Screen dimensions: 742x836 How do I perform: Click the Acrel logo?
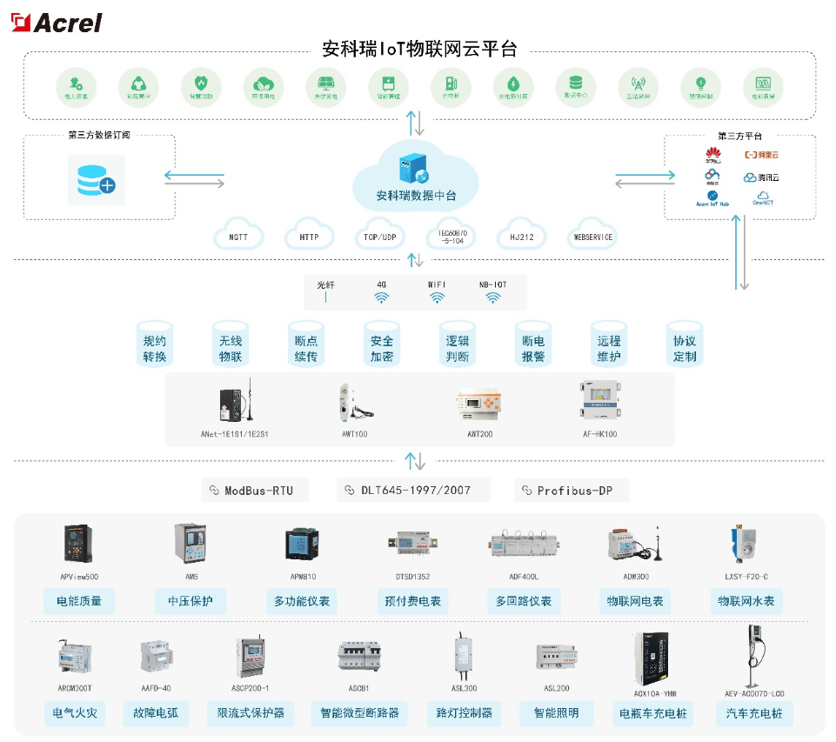click(x=57, y=22)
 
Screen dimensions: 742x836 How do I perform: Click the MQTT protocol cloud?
click(x=238, y=237)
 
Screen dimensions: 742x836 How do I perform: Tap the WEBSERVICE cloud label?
click(x=592, y=237)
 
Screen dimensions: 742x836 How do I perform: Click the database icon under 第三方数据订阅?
click(x=96, y=180)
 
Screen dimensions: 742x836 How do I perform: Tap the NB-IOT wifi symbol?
click(x=492, y=297)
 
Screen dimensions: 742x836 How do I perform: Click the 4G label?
click(x=381, y=284)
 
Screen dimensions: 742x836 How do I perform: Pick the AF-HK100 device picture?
click(x=599, y=403)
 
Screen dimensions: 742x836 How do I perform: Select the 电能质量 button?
click(x=79, y=601)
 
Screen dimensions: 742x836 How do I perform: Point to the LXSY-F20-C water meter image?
click(x=746, y=545)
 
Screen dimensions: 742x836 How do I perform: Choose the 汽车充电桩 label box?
click(x=754, y=713)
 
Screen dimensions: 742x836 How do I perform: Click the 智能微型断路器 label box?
click(x=359, y=713)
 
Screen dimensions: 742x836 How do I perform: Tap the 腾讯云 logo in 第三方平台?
click(x=762, y=177)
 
